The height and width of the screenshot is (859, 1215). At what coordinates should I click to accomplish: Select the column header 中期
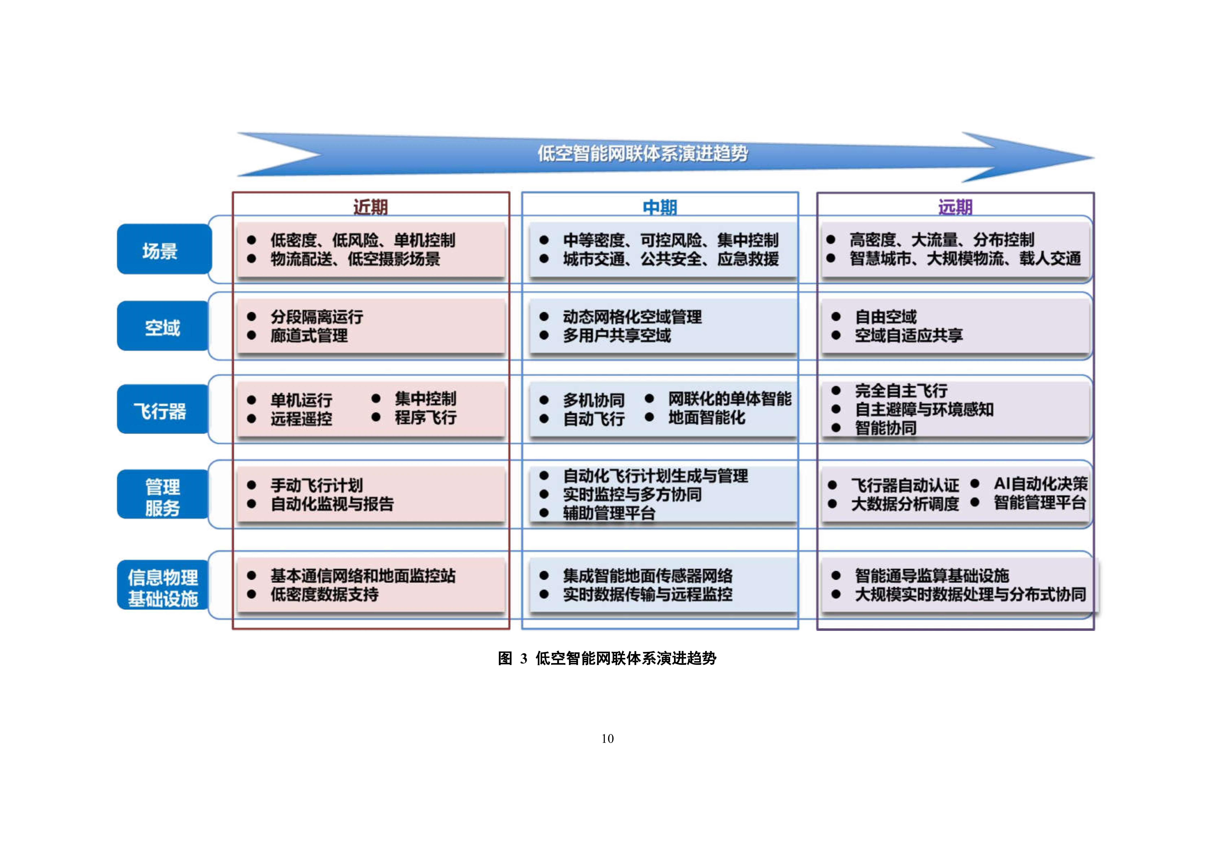click(x=660, y=207)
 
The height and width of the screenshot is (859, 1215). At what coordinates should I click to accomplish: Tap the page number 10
click(x=608, y=738)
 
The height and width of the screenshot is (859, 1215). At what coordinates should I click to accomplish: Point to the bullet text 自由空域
click(x=885, y=317)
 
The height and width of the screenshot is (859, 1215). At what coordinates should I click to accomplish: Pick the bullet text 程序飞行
click(x=425, y=418)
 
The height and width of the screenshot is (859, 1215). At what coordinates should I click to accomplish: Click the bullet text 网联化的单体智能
click(x=729, y=398)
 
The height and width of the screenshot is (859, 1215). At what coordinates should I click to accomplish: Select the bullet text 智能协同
click(x=885, y=428)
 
